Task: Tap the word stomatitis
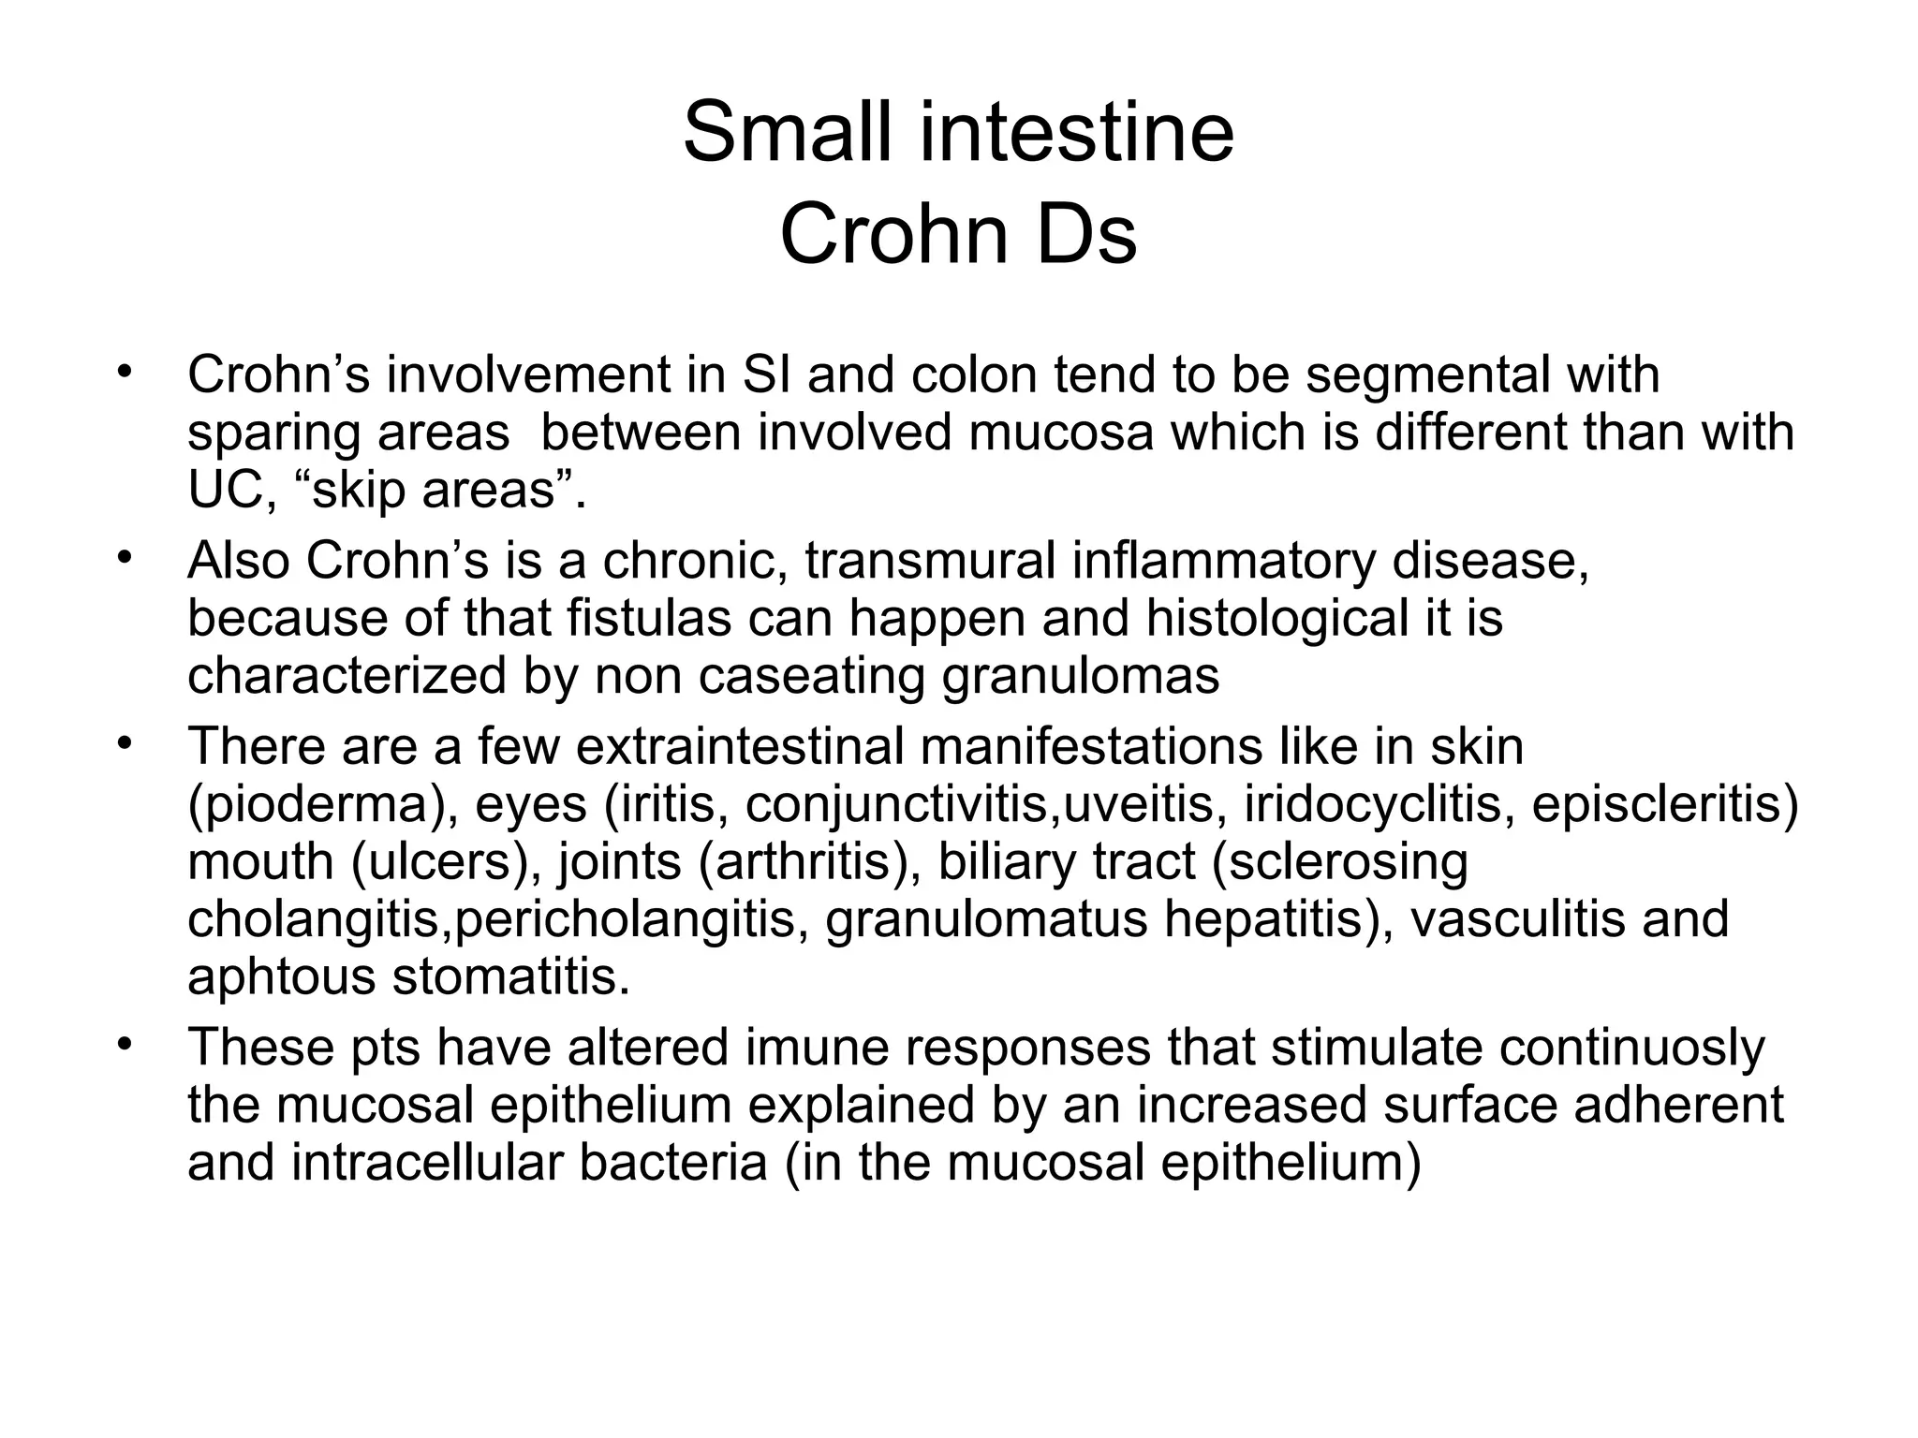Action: point(510,976)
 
